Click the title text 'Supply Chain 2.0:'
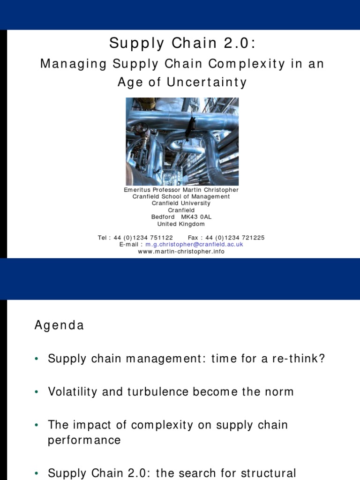tap(183, 43)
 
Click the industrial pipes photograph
tap(182, 141)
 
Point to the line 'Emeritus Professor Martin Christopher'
tap(181, 190)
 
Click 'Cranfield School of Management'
tap(181, 197)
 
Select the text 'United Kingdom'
tap(181, 224)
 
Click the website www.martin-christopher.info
tap(181, 251)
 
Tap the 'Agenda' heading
tap(59, 325)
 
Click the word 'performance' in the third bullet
tap(84, 441)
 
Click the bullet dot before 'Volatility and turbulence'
tap(36, 392)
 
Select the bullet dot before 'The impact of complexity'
tap(36, 426)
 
